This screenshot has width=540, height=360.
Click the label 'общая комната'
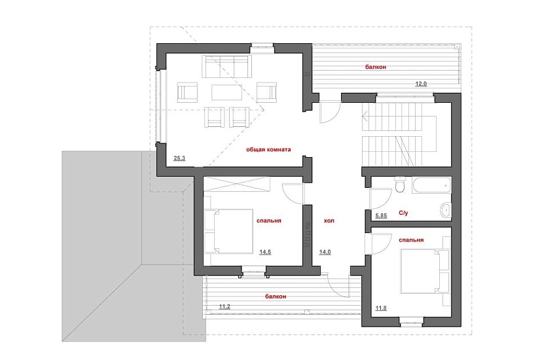coord(268,149)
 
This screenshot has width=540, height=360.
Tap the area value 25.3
coord(179,158)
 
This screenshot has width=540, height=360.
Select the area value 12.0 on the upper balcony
coord(421,84)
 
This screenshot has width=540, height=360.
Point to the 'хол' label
coord(329,221)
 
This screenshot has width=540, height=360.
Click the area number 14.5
coord(265,252)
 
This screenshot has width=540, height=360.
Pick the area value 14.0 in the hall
coord(325,252)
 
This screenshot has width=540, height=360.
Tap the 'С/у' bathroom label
coord(403,213)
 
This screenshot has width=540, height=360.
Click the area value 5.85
coord(381,215)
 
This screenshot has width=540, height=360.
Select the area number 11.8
coord(381,308)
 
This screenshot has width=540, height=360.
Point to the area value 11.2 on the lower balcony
coord(225,306)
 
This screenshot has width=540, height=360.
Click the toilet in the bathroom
coord(400,185)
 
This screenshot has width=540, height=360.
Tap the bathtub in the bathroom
coord(431,185)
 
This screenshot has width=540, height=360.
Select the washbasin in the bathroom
coord(446,210)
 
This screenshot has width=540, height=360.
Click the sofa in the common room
coord(226,66)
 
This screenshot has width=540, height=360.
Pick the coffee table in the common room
coord(226,92)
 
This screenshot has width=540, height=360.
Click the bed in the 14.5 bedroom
coord(228,231)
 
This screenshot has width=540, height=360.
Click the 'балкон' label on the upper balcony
coord(376,67)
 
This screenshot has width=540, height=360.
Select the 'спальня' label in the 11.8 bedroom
coord(411,240)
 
